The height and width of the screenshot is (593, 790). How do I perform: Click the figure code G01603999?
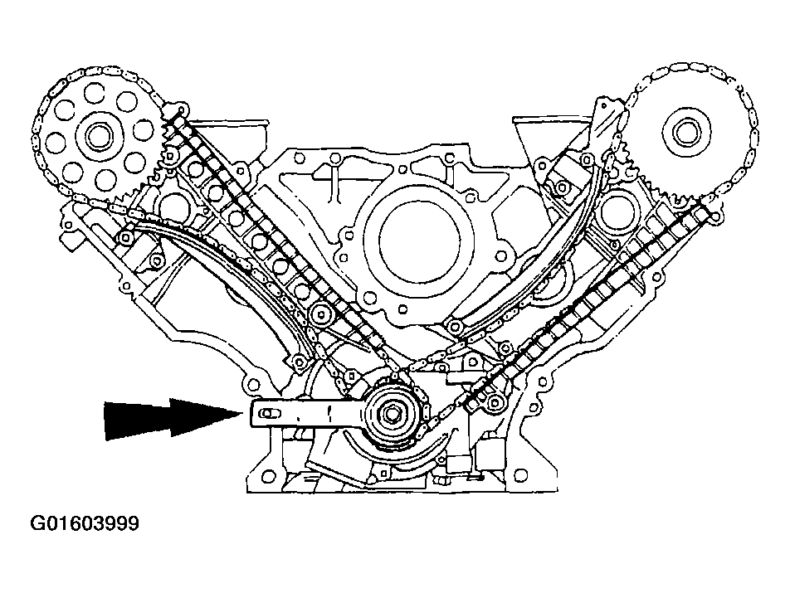click(85, 523)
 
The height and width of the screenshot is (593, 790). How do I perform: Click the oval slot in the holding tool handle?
click(267, 414)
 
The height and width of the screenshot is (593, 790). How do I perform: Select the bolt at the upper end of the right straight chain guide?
click(714, 216)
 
